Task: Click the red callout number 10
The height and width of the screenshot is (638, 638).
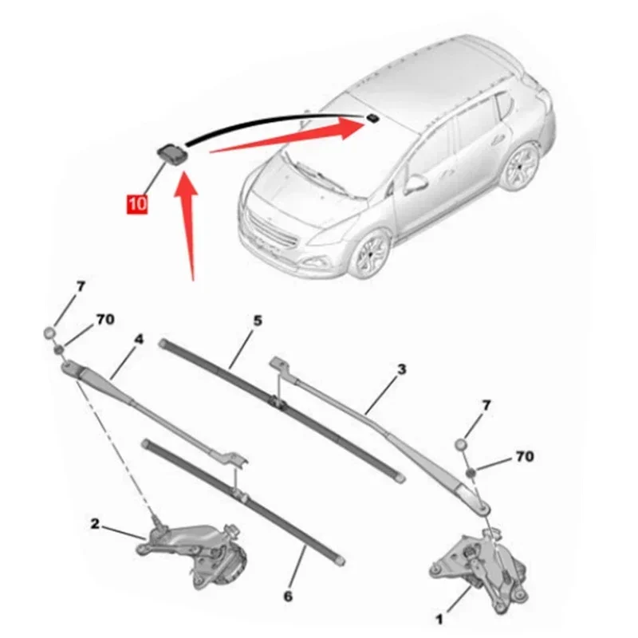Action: click(x=136, y=204)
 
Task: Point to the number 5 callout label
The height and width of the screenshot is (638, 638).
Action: click(x=258, y=321)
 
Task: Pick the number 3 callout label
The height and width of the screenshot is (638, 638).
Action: click(x=401, y=369)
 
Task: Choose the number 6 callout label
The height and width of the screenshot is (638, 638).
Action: click(x=288, y=595)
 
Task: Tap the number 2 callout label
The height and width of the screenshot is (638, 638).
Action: click(x=95, y=524)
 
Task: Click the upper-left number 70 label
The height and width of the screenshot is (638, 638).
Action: click(x=104, y=319)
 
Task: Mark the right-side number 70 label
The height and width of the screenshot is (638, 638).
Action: click(x=524, y=457)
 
